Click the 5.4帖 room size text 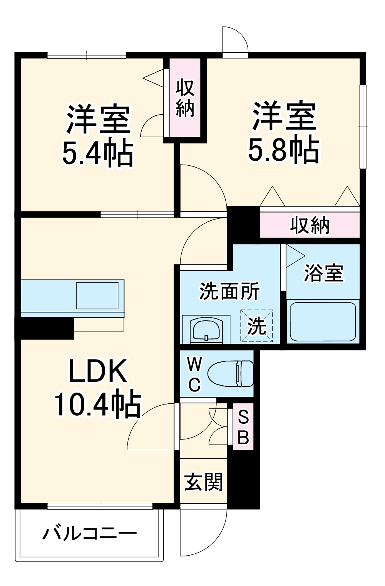pos(98,153)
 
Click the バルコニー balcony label pos(89,533)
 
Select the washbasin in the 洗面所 pos(206,330)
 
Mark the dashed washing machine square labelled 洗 pos(257,326)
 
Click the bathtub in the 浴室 pos(323,321)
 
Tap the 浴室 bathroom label pos(323,273)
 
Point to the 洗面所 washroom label pos(229,291)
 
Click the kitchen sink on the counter pos(97,295)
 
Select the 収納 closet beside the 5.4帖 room pos(185,98)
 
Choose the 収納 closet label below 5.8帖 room pos(310,225)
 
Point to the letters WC pos(195,374)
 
